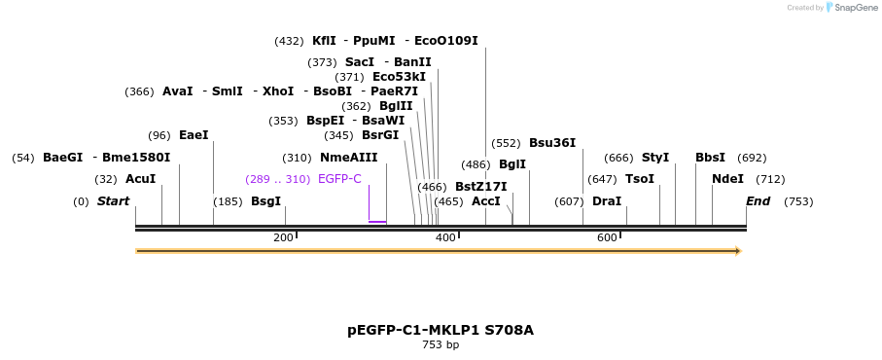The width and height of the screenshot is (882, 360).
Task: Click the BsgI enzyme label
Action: click(265, 201)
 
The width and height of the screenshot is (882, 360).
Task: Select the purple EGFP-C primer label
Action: click(339, 179)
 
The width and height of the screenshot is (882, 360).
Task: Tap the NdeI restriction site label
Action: click(727, 179)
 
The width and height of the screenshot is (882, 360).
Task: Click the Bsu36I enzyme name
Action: click(552, 142)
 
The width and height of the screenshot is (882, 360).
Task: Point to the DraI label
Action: click(607, 201)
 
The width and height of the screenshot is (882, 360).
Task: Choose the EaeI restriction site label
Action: click(194, 135)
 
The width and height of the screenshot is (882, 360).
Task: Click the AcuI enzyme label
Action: click(140, 179)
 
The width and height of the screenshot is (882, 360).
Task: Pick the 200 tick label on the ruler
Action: click(283, 238)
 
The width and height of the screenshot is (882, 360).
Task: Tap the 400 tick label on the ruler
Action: click(445, 238)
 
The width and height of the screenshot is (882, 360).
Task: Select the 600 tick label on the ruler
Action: click(607, 238)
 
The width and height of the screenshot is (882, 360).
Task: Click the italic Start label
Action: click(113, 201)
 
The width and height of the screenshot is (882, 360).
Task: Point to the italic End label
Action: click(759, 201)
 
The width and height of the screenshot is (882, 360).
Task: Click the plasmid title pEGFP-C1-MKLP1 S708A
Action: click(441, 330)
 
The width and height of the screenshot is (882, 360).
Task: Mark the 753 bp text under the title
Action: click(441, 345)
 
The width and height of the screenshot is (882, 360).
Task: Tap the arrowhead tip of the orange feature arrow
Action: click(740, 251)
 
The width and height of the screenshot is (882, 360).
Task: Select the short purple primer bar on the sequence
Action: click(377, 222)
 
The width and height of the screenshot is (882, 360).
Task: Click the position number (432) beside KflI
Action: click(289, 41)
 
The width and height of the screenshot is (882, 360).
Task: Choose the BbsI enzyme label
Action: click(710, 158)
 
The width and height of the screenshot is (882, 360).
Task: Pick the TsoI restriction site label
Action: click(639, 179)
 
